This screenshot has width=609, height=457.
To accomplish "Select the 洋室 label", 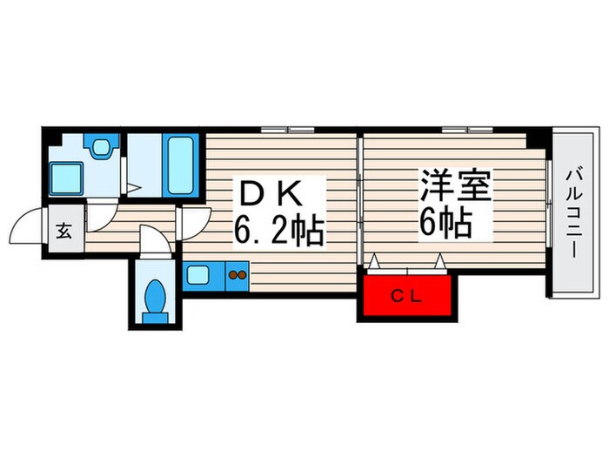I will tap(455, 185).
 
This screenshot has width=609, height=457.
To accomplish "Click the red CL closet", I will tap(407, 296).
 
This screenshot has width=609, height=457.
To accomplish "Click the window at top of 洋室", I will tap(468, 131).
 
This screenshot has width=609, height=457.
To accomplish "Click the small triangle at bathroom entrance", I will tap(131, 185).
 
